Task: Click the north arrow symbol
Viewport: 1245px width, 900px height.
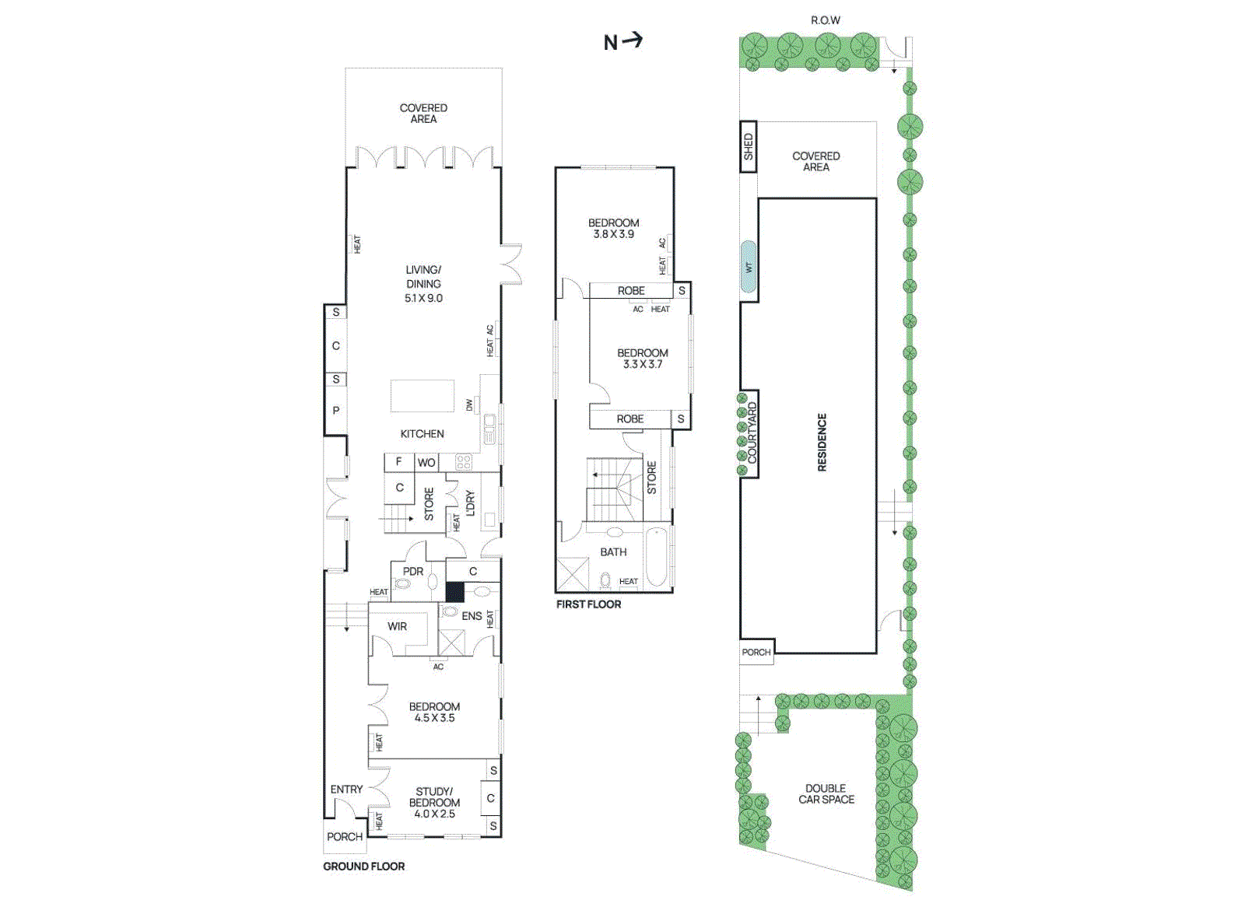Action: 623,41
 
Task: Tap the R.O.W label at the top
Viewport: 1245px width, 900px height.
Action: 825,20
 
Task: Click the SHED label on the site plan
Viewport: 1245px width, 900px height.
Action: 748,146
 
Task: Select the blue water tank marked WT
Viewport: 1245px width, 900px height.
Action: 749,267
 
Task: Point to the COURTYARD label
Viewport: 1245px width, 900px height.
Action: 751,433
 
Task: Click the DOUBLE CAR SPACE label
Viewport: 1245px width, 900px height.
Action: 826,793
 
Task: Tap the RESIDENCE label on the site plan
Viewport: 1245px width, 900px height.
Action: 822,442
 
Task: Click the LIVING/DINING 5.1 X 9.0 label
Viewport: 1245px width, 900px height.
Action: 423,283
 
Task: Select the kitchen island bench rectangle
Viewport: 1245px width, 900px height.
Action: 422,395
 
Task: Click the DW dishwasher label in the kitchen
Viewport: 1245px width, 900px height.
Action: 469,405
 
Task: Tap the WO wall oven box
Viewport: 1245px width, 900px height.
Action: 426,462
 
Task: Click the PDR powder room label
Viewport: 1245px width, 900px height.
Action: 412,571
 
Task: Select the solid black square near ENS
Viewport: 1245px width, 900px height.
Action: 454,592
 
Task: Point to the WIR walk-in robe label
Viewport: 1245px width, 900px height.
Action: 397,626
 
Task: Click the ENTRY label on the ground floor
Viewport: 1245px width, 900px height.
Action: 346,789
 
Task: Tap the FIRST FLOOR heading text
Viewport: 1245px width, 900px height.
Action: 588,604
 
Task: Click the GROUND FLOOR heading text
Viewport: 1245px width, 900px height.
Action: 363,866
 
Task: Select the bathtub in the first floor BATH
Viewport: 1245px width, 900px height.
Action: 656,557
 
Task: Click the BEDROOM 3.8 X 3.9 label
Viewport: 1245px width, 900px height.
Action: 613,228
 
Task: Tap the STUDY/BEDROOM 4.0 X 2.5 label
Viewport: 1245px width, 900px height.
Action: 434,802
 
